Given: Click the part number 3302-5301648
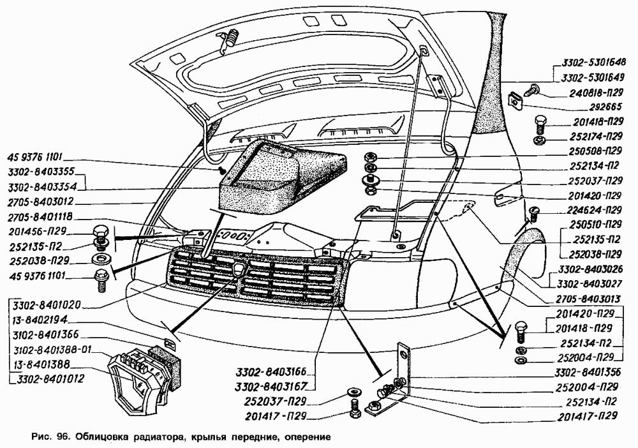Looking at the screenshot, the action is click(x=593, y=63).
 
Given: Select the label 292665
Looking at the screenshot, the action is click(x=605, y=107).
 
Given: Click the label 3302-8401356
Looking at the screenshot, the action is click(x=588, y=372).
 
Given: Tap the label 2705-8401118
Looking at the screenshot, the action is click(x=40, y=217).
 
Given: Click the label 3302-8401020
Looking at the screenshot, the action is click(x=47, y=304).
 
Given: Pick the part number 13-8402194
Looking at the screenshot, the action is click(x=40, y=320).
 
